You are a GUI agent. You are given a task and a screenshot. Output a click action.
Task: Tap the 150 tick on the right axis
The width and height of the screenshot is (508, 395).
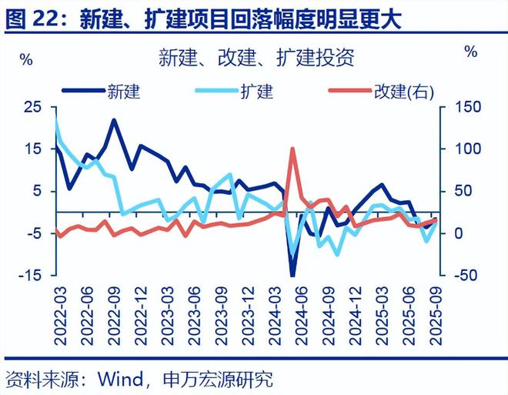click(x=461, y=106)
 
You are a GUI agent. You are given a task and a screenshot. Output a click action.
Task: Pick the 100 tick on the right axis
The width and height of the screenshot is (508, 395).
click(x=461, y=149)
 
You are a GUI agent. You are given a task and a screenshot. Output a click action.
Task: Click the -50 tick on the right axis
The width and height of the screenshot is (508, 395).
click(x=461, y=276)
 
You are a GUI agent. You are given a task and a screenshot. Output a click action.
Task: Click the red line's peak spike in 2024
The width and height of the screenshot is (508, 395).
click(x=292, y=148)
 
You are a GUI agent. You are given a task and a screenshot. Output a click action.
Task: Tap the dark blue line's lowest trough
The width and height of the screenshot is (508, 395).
click(x=292, y=274)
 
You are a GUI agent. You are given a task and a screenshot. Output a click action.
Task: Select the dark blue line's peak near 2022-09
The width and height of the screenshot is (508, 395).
click(x=114, y=120)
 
